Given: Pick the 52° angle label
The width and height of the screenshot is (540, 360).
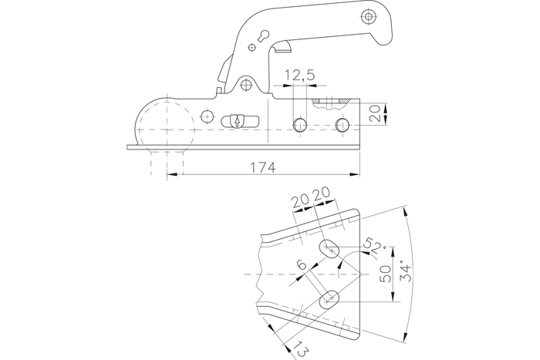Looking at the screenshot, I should tap(373, 247).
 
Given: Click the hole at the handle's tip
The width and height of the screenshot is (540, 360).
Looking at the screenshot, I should tap(368, 15).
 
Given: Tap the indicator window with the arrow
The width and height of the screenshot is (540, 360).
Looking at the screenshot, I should tap(236, 121).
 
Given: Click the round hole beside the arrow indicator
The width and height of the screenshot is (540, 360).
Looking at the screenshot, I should tap(206, 116).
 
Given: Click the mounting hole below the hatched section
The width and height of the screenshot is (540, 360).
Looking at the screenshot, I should tap(343, 125).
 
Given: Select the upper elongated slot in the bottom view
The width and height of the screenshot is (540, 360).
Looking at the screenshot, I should tap(332, 249).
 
